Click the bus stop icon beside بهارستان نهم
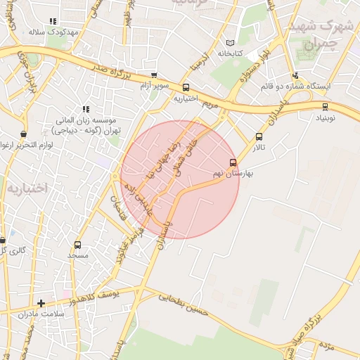[233, 162]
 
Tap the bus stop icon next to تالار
[259, 137]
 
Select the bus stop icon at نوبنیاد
[324, 107]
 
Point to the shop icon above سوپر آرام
[154, 76]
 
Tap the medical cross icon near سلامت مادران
[41, 304]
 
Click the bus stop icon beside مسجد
[77, 245]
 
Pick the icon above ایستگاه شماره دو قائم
[295, 75]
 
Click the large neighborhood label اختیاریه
[27, 188]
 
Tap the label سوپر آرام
[154, 86]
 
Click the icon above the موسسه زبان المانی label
[86, 110]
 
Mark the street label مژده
[325, 346]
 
